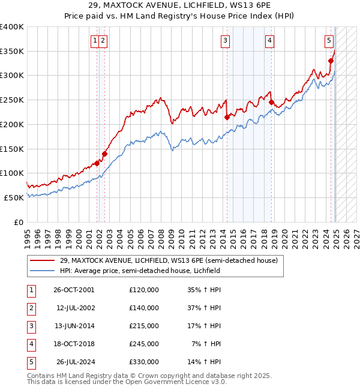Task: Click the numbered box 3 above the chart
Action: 225,41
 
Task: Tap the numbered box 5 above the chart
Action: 329,41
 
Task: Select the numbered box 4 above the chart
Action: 270,41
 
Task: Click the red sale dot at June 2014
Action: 227,118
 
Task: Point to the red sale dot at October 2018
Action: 271,103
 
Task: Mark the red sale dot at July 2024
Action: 331,61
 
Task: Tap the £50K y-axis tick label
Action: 14,197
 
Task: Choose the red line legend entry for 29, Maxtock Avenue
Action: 168,261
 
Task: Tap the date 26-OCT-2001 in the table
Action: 74,290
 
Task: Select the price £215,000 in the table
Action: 143,326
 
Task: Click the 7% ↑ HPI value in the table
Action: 206,344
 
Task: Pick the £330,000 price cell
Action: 143,362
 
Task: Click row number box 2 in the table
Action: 31,308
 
